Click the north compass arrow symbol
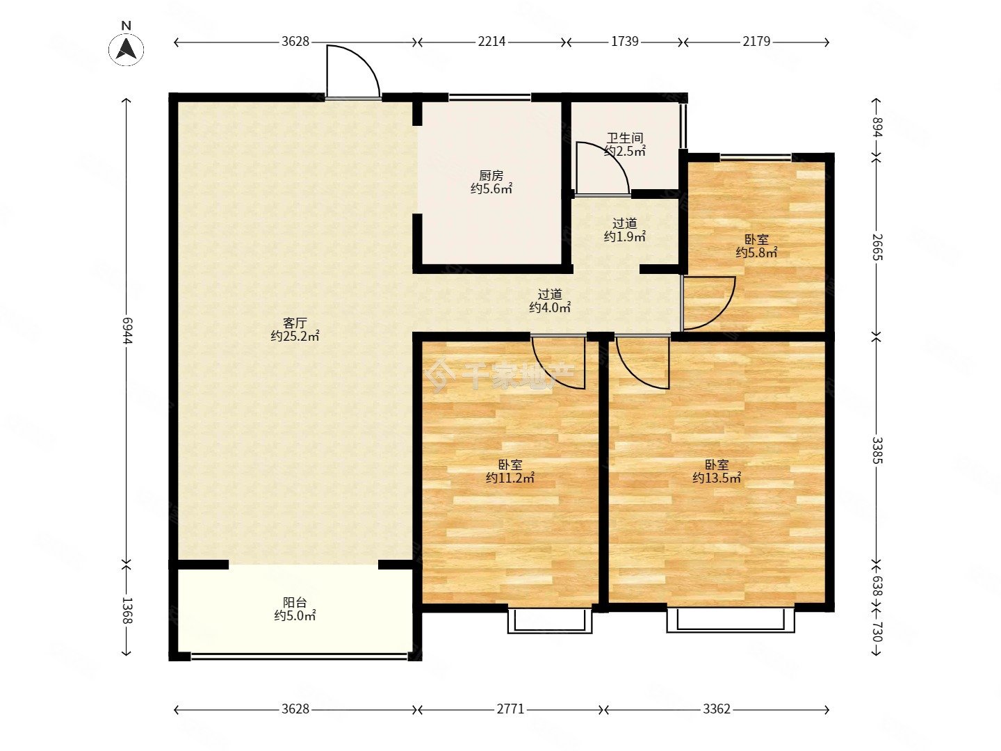(x=126, y=48)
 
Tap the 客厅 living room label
(x=295, y=323)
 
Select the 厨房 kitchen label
(x=491, y=175)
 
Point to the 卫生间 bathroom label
(x=624, y=138)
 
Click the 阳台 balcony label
(x=295, y=602)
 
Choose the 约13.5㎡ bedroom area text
(x=717, y=478)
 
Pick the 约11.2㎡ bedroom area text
(x=510, y=478)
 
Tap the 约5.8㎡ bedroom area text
(x=756, y=252)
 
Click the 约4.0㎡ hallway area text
(x=550, y=307)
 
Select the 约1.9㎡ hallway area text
(x=624, y=236)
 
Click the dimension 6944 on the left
(x=127, y=331)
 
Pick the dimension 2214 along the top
(x=491, y=42)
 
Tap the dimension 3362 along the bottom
(x=717, y=709)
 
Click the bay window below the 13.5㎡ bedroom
(x=731, y=620)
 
